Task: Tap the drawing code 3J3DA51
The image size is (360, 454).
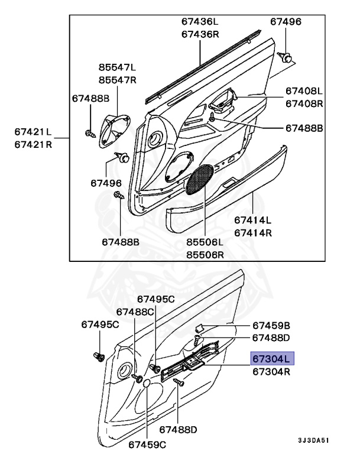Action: [x=313, y=441]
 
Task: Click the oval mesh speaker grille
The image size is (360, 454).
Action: [x=200, y=180]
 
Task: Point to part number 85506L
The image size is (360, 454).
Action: [x=205, y=242]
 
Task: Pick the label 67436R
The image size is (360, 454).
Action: [x=200, y=34]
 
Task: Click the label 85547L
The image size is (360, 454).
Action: [x=117, y=67]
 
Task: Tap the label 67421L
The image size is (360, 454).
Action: [x=33, y=131]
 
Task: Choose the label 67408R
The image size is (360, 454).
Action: [x=304, y=103]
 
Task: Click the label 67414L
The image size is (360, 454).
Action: [x=254, y=220]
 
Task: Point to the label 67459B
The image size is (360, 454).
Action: [x=271, y=325]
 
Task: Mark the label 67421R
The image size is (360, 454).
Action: [x=33, y=144]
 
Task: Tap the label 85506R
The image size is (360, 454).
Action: [x=205, y=255]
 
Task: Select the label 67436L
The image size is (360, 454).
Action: [x=200, y=22]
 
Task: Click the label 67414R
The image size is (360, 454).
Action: [x=254, y=232]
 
